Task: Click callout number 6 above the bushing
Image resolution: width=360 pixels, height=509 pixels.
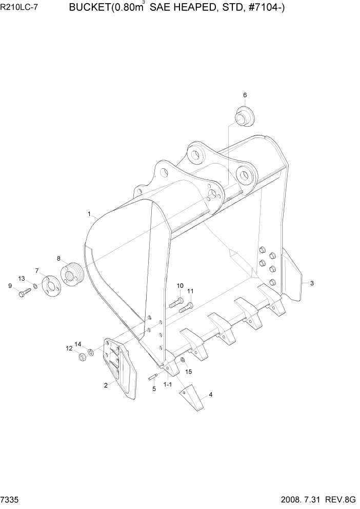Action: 245,95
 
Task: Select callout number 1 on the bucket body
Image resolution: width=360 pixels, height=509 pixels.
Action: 89,213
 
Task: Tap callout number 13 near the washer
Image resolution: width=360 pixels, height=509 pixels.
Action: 22,278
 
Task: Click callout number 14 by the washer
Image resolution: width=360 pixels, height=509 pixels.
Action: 78,344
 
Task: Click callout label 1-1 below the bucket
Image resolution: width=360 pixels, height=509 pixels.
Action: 168,384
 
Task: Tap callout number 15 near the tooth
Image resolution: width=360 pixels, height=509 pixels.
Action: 188,371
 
